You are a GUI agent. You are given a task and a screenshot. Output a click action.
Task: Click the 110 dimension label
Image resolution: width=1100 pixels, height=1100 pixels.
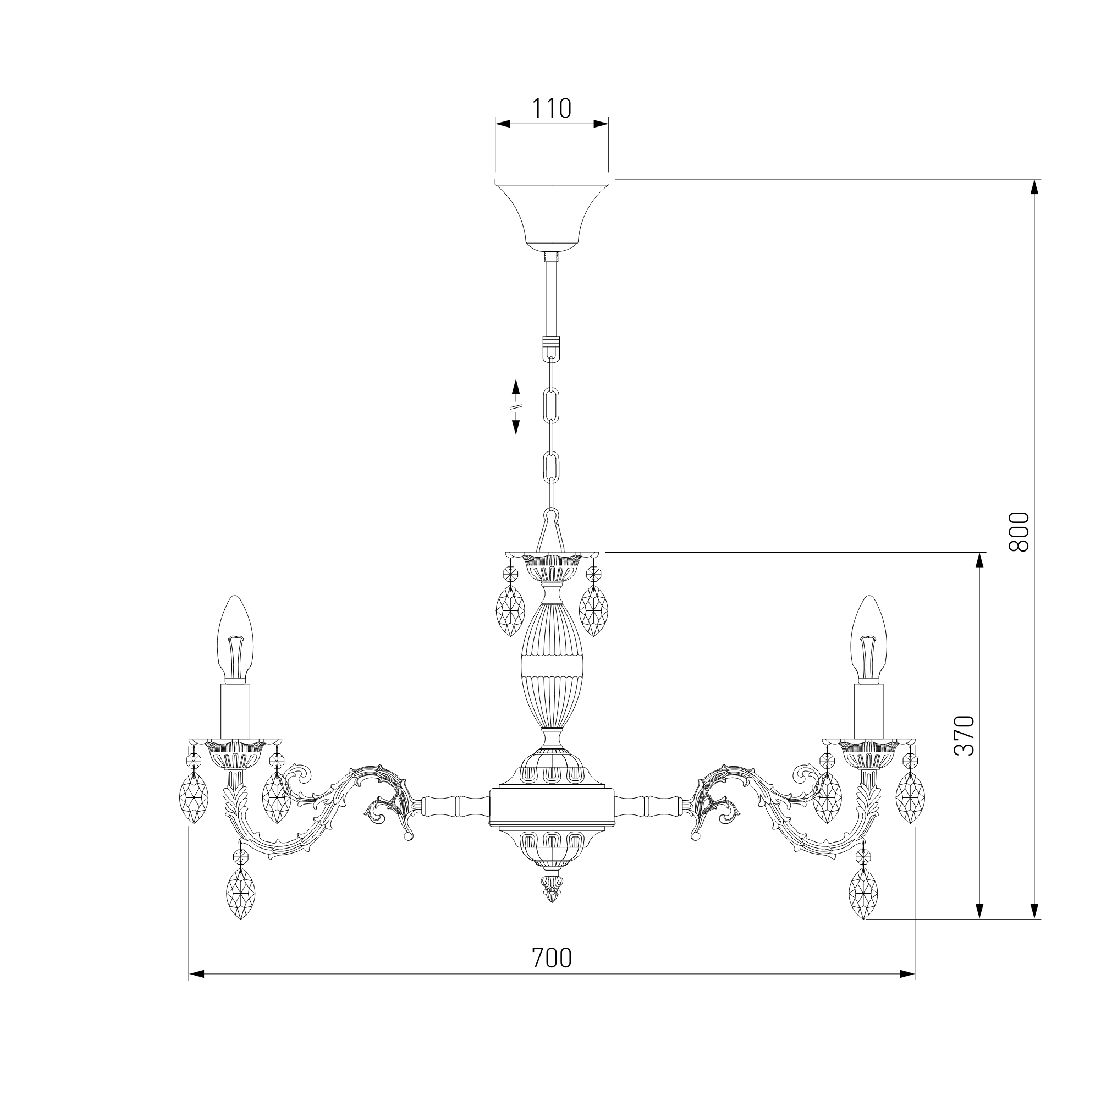point(551,109)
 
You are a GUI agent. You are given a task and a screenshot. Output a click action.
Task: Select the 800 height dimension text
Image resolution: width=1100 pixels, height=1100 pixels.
point(1020,531)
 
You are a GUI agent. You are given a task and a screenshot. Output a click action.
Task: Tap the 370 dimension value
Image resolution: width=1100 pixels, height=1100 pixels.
point(965,736)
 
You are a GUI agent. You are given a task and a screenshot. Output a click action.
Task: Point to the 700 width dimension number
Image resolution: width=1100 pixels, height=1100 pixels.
point(551,957)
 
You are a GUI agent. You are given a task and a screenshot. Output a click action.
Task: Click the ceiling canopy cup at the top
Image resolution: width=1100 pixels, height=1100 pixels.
point(552,215)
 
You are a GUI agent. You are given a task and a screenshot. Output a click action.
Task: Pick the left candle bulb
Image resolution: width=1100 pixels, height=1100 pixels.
point(235,638)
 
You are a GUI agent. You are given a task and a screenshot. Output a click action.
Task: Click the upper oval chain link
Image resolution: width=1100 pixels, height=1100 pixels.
point(552,404)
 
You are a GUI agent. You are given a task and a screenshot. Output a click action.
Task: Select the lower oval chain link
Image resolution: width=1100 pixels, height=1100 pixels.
point(552,467)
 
